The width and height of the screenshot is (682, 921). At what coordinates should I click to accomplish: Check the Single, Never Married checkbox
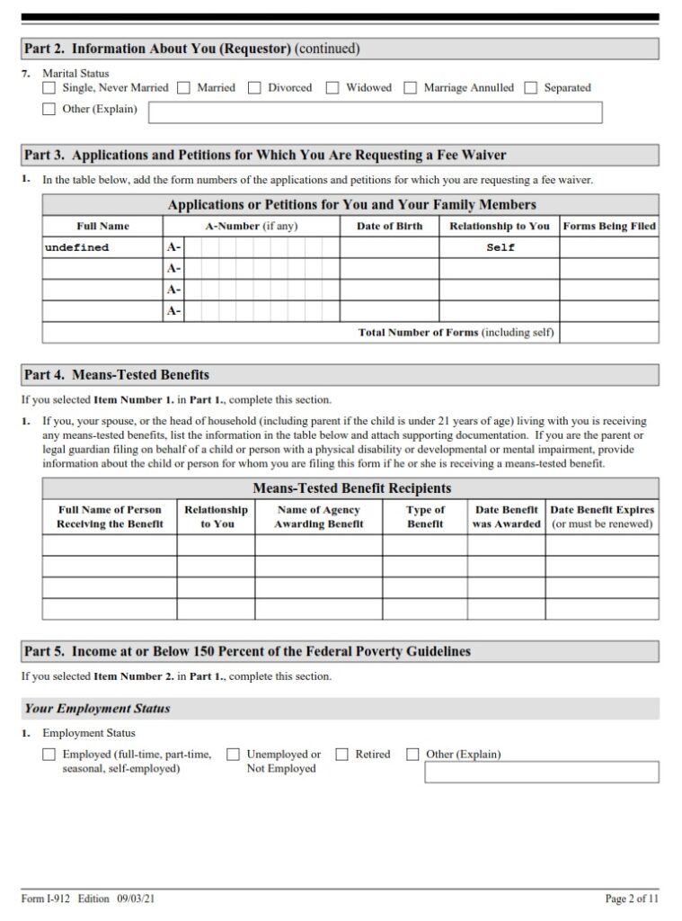(x=49, y=88)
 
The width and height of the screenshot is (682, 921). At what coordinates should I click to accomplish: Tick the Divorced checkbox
(x=254, y=88)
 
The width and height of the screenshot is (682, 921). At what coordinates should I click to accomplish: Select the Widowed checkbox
(x=332, y=88)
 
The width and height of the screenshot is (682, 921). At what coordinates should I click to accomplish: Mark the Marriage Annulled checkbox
(x=410, y=88)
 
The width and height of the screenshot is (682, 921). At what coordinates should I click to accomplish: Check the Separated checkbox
(x=530, y=88)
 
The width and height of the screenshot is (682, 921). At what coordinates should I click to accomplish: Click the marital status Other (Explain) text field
(x=375, y=112)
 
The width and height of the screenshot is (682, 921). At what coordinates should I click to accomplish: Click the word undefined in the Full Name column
(x=76, y=247)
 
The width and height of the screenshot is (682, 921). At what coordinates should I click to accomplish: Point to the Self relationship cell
(x=500, y=247)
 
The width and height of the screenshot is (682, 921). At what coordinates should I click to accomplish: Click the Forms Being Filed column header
(x=609, y=226)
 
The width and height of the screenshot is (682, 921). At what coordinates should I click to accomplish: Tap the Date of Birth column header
(x=389, y=226)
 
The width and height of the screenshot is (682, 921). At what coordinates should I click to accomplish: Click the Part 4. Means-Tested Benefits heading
(x=117, y=374)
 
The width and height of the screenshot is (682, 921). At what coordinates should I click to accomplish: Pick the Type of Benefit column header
(x=425, y=516)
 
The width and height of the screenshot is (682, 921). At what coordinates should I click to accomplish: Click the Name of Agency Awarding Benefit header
(x=318, y=516)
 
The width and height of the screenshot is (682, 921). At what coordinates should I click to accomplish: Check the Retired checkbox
(x=341, y=755)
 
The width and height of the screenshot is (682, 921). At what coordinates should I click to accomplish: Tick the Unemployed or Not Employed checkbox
(x=233, y=755)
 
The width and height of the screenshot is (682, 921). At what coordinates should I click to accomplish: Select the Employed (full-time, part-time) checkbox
(x=49, y=755)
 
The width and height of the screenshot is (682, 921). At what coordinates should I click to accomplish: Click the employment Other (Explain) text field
(x=541, y=773)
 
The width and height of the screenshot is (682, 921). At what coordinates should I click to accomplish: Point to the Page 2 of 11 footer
(x=632, y=899)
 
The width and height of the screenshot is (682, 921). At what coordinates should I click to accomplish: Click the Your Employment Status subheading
(x=97, y=709)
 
